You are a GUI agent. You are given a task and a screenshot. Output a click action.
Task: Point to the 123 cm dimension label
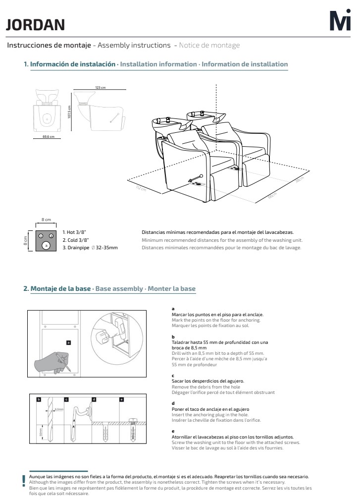[x=101, y=87]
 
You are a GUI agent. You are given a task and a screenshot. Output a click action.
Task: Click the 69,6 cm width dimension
[x=48, y=137]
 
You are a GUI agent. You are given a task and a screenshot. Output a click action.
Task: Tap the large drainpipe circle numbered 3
[x=46, y=245]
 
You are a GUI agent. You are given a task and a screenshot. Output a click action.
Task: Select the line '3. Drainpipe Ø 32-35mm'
[x=90, y=247]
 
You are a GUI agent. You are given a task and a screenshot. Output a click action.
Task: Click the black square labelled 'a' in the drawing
[x=68, y=342]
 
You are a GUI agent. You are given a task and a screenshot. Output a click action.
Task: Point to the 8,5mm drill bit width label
[x=59, y=409]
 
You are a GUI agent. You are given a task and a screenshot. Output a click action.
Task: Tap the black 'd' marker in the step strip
[x=94, y=399]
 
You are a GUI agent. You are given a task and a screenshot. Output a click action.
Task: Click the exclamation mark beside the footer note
[x=23, y=480]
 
